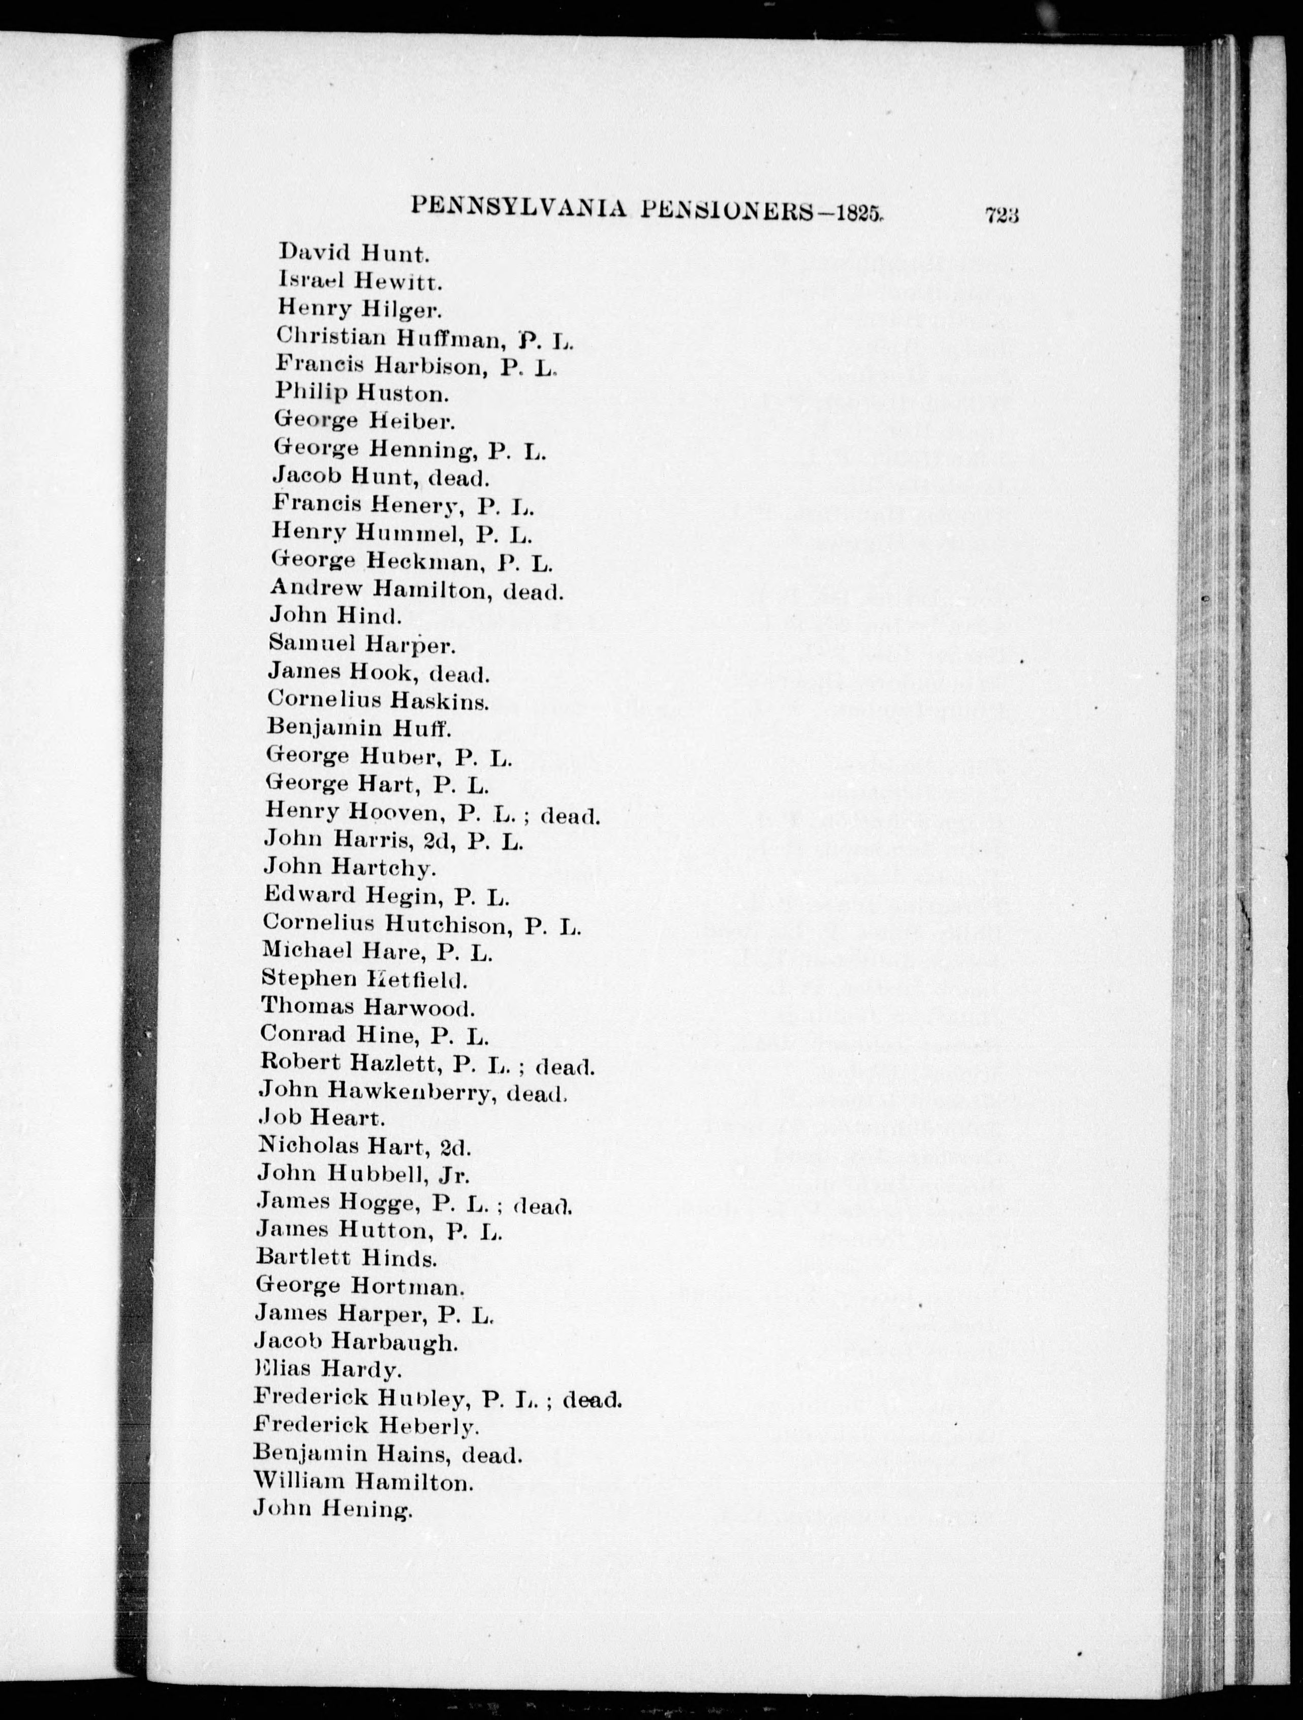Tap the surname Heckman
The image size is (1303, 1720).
point(424,561)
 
